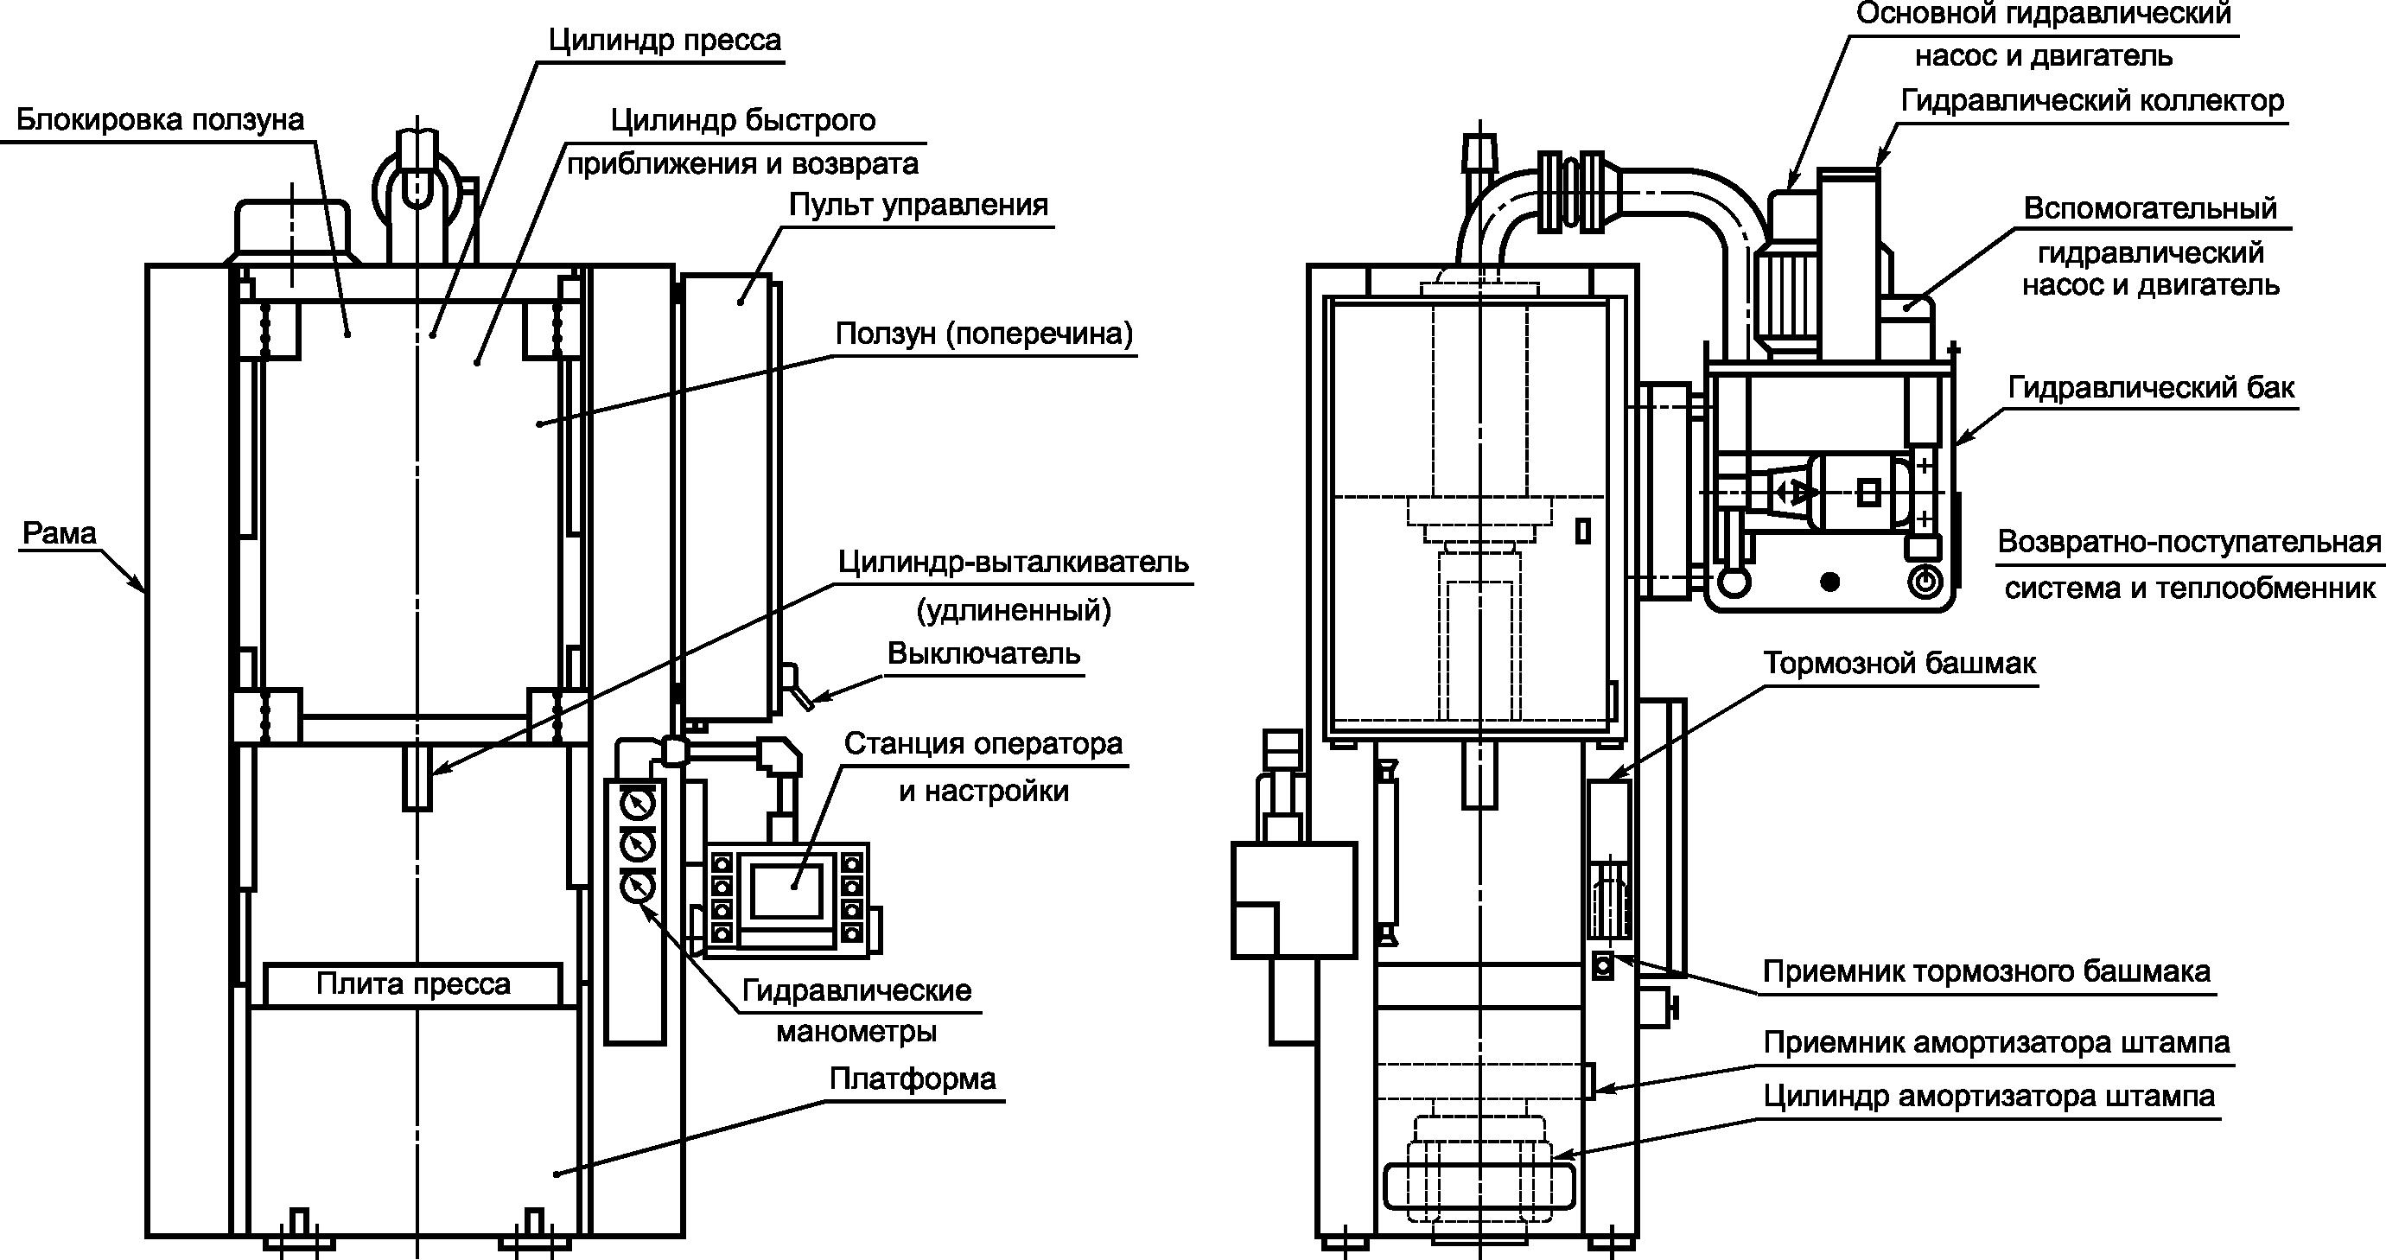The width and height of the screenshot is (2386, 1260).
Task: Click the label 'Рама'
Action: point(60,534)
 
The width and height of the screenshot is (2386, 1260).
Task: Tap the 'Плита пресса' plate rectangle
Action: point(413,984)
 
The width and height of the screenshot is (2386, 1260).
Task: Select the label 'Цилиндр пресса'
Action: point(664,41)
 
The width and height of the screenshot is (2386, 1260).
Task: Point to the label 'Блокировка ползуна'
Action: point(160,120)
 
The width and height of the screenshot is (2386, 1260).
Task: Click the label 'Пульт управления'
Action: point(918,205)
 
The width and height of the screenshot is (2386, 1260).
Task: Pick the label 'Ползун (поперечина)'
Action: point(983,334)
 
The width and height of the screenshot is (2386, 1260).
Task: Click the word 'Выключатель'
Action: point(983,654)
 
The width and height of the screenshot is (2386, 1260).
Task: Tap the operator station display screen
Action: point(786,890)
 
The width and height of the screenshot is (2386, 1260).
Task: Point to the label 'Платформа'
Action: point(913,1079)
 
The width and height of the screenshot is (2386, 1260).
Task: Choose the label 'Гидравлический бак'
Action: point(2151,387)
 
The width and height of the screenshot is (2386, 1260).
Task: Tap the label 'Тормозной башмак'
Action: point(1899,664)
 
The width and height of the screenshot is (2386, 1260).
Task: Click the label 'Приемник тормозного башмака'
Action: point(1986,972)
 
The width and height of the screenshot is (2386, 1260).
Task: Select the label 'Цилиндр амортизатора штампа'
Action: point(1988,1096)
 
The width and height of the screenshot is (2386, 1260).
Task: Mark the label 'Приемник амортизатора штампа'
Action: point(1996,1043)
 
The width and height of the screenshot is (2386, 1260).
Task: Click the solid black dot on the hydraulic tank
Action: point(1829,582)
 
